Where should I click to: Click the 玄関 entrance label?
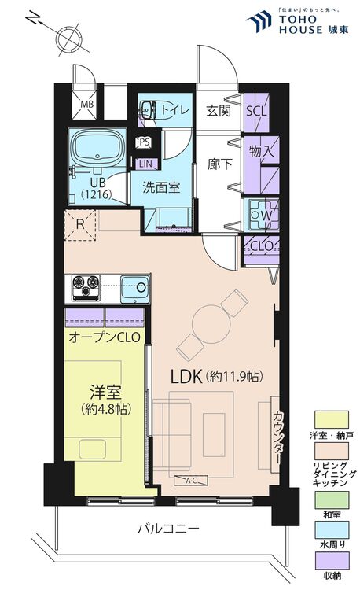(218, 111)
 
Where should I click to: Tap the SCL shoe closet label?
(256, 111)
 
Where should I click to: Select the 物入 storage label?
(260, 150)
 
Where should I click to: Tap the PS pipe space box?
(143, 142)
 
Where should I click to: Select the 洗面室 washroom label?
(161, 187)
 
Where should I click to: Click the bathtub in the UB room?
(96, 146)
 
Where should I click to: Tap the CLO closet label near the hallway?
(259, 245)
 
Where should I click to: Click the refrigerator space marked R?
(79, 223)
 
